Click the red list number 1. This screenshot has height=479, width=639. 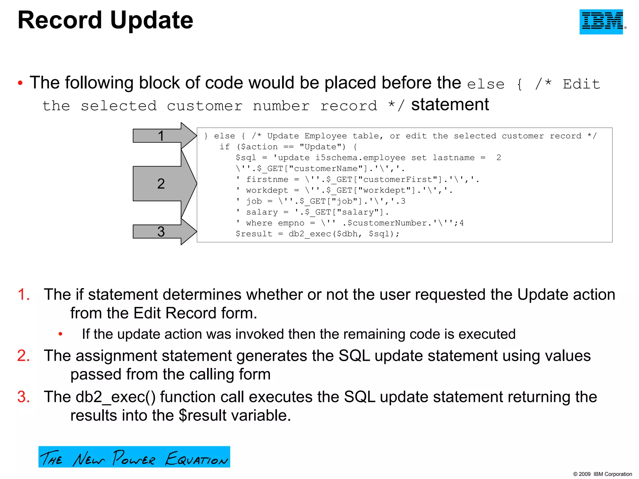[24, 294]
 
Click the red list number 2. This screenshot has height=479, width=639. [24, 356]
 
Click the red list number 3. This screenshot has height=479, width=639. [24, 397]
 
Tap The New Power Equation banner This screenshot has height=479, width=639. [134, 457]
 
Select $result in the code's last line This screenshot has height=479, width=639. [254, 234]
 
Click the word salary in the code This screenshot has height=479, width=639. [262, 212]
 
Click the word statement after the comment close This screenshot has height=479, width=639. [450, 105]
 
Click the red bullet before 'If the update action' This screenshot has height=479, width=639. [61, 334]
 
